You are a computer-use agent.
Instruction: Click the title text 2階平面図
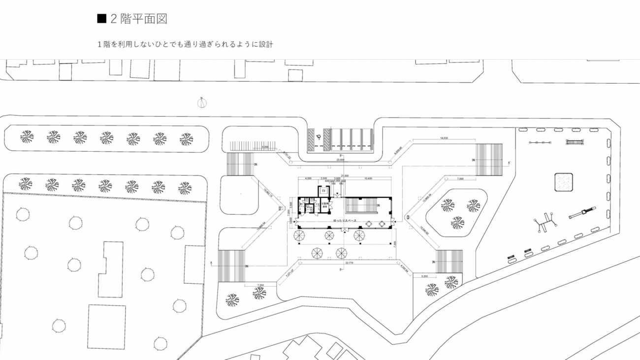point(139,19)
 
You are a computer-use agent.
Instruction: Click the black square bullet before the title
point(102,19)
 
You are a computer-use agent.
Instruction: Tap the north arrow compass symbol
point(202,102)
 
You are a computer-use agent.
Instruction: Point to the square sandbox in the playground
point(563,182)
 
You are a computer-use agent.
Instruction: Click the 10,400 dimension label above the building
point(367,178)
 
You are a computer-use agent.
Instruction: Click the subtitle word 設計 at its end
point(267,44)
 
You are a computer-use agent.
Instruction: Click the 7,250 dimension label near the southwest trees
point(261,285)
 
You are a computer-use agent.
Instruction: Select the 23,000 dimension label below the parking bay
point(340,160)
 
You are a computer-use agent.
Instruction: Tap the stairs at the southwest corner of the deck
point(231,265)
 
